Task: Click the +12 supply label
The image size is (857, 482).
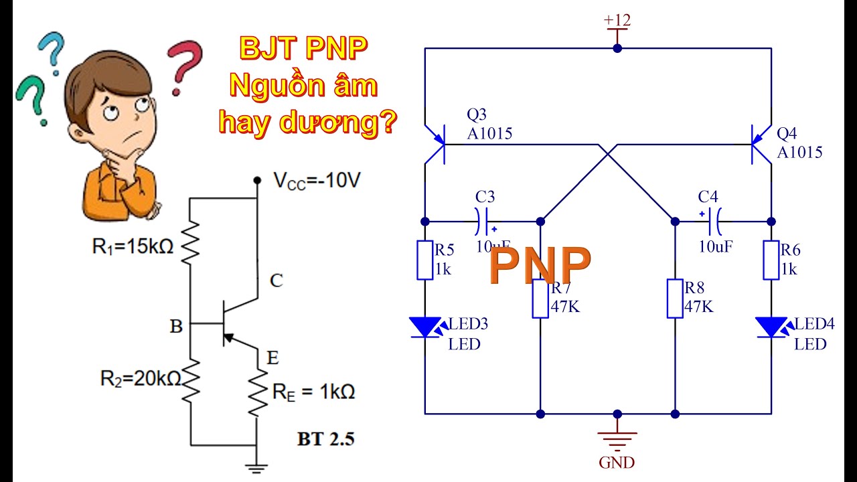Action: [x=617, y=21]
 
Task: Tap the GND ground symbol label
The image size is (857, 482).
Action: [x=617, y=462]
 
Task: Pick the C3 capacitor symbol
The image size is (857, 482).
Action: [x=485, y=220]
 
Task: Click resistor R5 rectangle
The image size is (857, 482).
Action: [x=425, y=260]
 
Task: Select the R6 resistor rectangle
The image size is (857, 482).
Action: [x=771, y=260]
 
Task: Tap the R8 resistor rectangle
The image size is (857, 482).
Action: [x=675, y=299]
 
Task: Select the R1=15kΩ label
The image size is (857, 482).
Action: [x=133, y=246]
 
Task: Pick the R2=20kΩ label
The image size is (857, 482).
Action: [x=140, y=378]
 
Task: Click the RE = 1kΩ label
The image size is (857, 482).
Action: [x=313, y=392]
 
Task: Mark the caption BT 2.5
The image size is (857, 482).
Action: [x=325, y=439]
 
